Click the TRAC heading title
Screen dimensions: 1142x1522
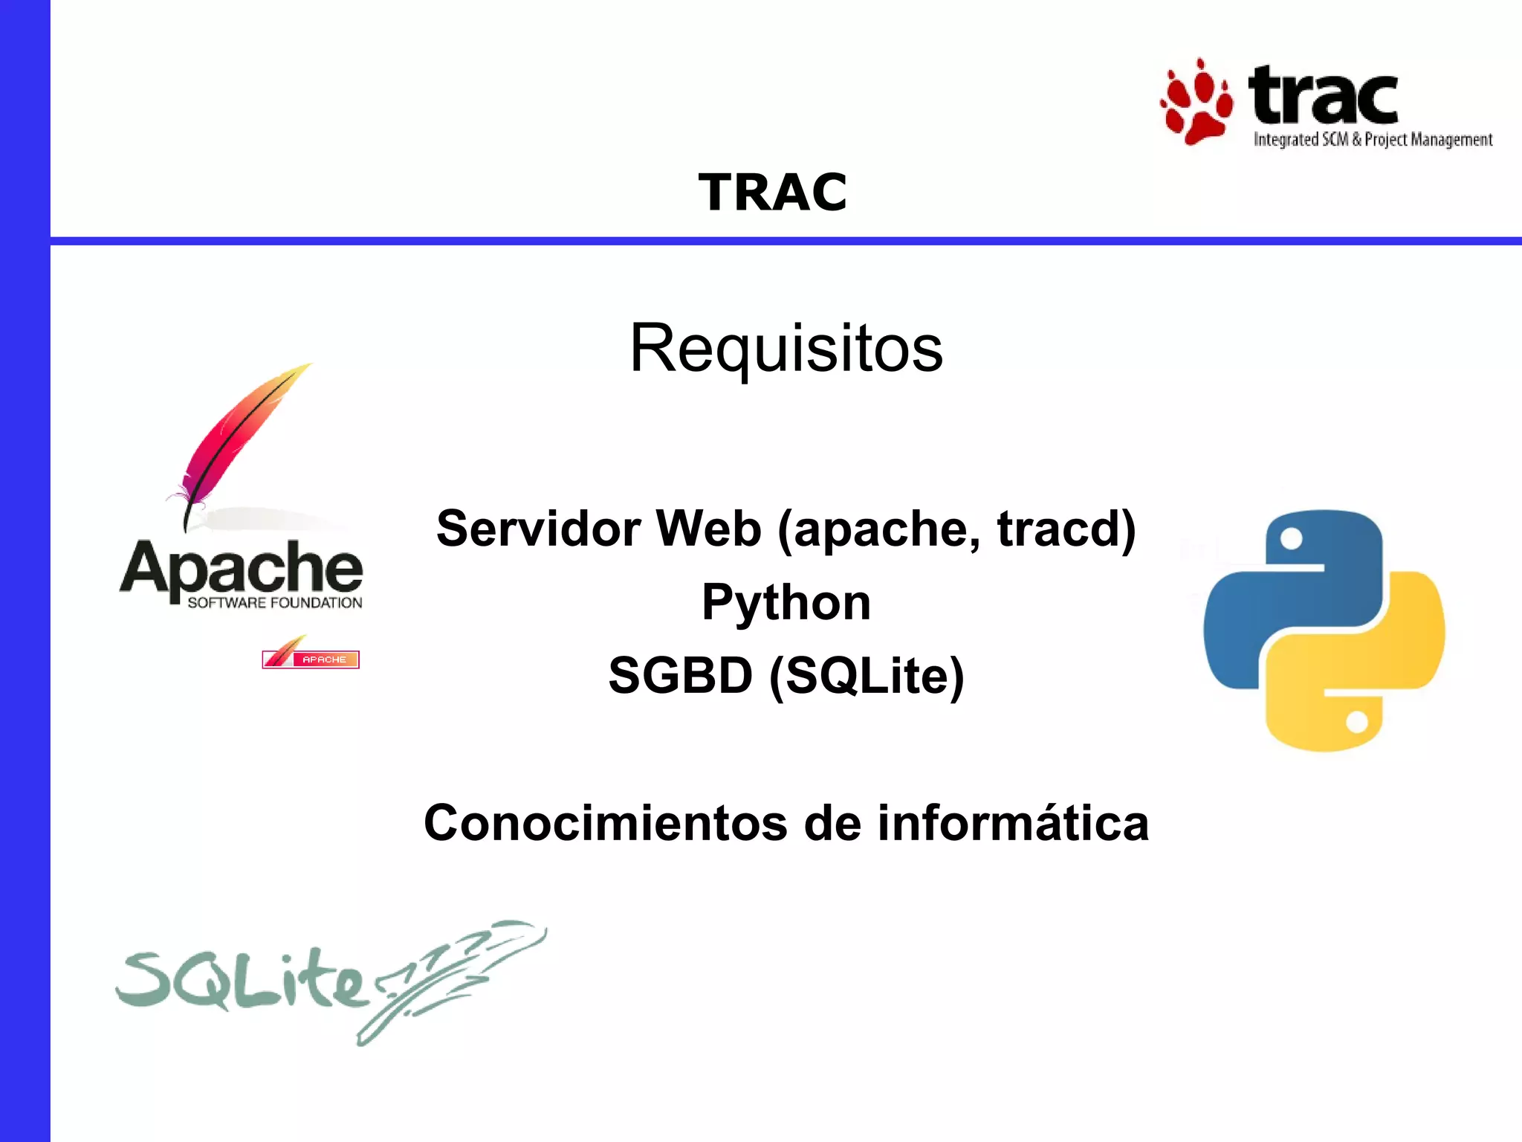772,192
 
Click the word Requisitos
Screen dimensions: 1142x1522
786,348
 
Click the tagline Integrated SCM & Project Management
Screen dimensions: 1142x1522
1373,140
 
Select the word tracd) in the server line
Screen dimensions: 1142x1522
1066,529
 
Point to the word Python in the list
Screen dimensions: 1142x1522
786,602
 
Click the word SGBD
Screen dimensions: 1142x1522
680,675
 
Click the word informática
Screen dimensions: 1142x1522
1013,823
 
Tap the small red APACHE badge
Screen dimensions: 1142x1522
311,657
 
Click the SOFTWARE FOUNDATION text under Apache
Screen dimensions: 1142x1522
274,603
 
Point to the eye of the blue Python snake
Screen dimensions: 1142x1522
1292,539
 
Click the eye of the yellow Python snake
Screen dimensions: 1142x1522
1356,722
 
